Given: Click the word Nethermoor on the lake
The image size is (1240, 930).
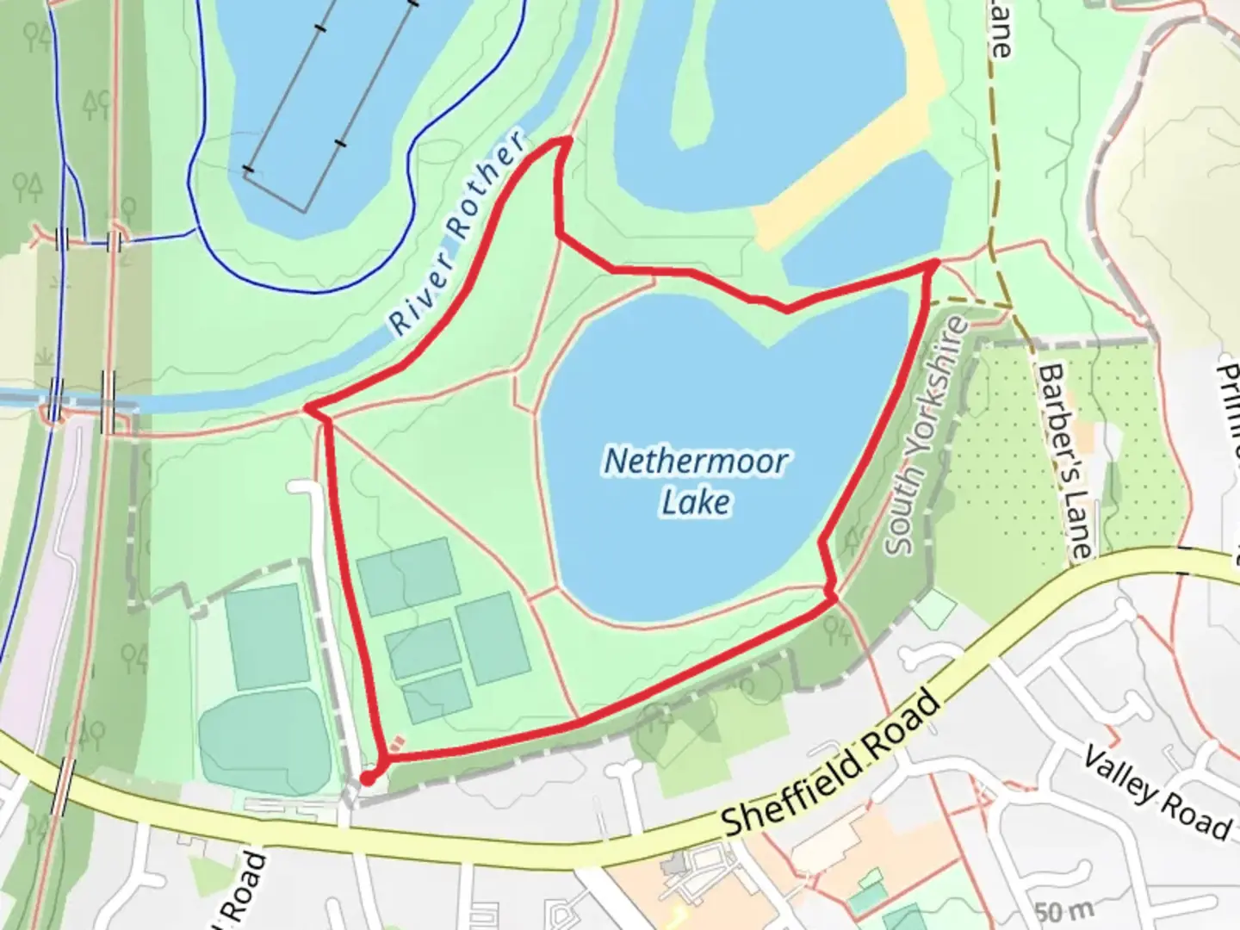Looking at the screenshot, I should [695, 462].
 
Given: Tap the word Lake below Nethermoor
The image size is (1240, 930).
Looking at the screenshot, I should [696, 502].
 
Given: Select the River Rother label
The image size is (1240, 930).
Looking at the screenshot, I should [456, 234].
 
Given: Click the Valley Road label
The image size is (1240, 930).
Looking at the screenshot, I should [1156, 794].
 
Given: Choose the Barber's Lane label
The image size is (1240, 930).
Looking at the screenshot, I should [1065, 460].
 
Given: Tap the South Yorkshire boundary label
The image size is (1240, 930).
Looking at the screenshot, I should [927, 437].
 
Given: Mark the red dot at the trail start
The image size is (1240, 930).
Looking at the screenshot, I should [367, 778].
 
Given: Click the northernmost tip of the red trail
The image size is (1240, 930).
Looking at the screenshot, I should [566, 139].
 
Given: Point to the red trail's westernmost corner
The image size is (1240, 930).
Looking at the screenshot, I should [307, 407].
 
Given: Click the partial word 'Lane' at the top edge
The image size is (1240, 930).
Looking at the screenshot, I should [999, 30].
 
